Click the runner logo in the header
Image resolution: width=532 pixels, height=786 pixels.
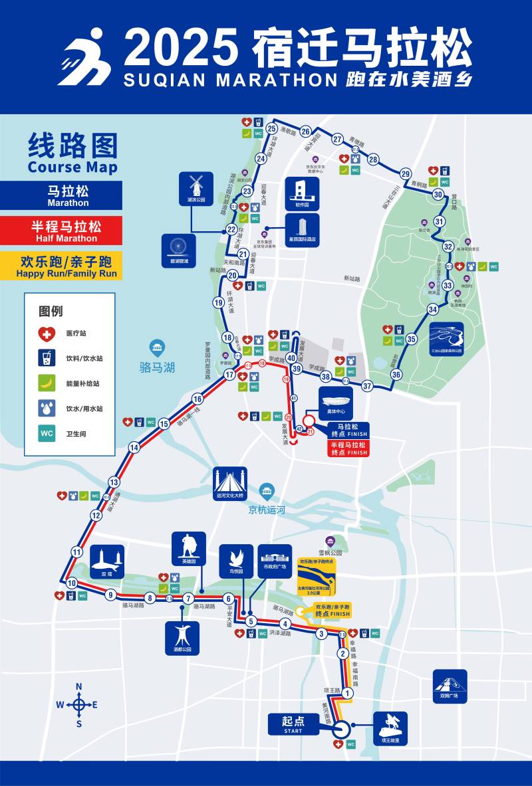pos(84,56)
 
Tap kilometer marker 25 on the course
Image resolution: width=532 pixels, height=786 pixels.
pos(271,129)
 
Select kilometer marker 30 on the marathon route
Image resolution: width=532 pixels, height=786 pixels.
pos(438,195)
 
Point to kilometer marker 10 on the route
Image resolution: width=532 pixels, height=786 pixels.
pos(71,583)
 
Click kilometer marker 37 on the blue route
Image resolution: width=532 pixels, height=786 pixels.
pos(367,386)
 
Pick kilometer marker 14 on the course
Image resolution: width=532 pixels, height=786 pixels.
pos(134,447)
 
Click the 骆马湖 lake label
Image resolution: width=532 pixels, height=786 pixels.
pos(158,367)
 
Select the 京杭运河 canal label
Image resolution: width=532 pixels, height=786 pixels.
pos(267,510)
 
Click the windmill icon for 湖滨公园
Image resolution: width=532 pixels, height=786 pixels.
pos(196,185)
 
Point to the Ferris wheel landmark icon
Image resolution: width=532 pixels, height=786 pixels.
pos(179,246)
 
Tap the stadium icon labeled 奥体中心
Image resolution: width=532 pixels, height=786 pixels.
pos(336,401)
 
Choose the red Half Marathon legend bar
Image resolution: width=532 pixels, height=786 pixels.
pos(61,230)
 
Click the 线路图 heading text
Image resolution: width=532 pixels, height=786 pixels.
pos(72,146)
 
